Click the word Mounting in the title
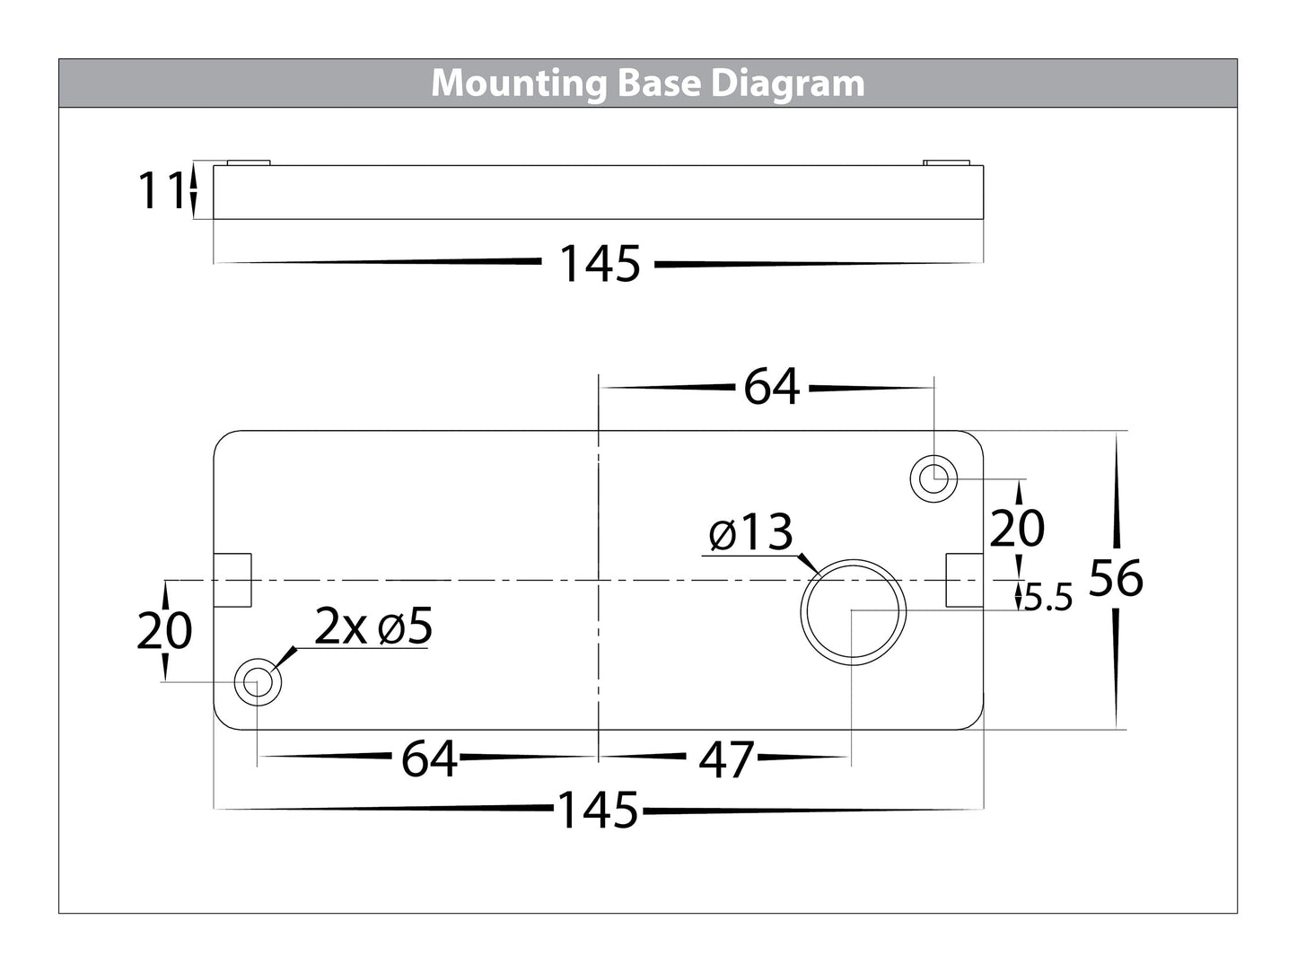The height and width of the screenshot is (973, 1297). click(520, 83)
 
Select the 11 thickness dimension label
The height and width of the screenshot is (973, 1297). click(160, 191)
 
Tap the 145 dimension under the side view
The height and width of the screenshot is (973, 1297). click(600, 264)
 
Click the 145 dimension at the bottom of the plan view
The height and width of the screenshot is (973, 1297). click(598, 811)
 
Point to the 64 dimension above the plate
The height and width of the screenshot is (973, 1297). click(771, 388)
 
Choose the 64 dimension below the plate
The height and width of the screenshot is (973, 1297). click(429, 759)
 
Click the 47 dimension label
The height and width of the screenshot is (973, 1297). click(726, 760)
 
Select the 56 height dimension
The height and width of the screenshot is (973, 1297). click(1116, 579)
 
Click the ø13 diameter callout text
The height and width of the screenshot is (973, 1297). click(751, 534)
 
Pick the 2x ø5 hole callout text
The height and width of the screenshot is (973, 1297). click(373, 627)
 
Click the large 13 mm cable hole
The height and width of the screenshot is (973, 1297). click(854, 611)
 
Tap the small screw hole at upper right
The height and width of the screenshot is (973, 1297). click(933, 478)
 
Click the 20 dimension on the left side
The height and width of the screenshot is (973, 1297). click(164, 631)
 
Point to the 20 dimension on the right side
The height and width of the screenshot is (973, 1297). click(1017, 528)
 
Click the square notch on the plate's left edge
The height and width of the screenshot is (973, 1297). click(233, 581)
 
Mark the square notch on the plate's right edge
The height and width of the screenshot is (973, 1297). click(965, 581)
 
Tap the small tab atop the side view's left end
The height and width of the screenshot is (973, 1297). click(249, 162)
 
